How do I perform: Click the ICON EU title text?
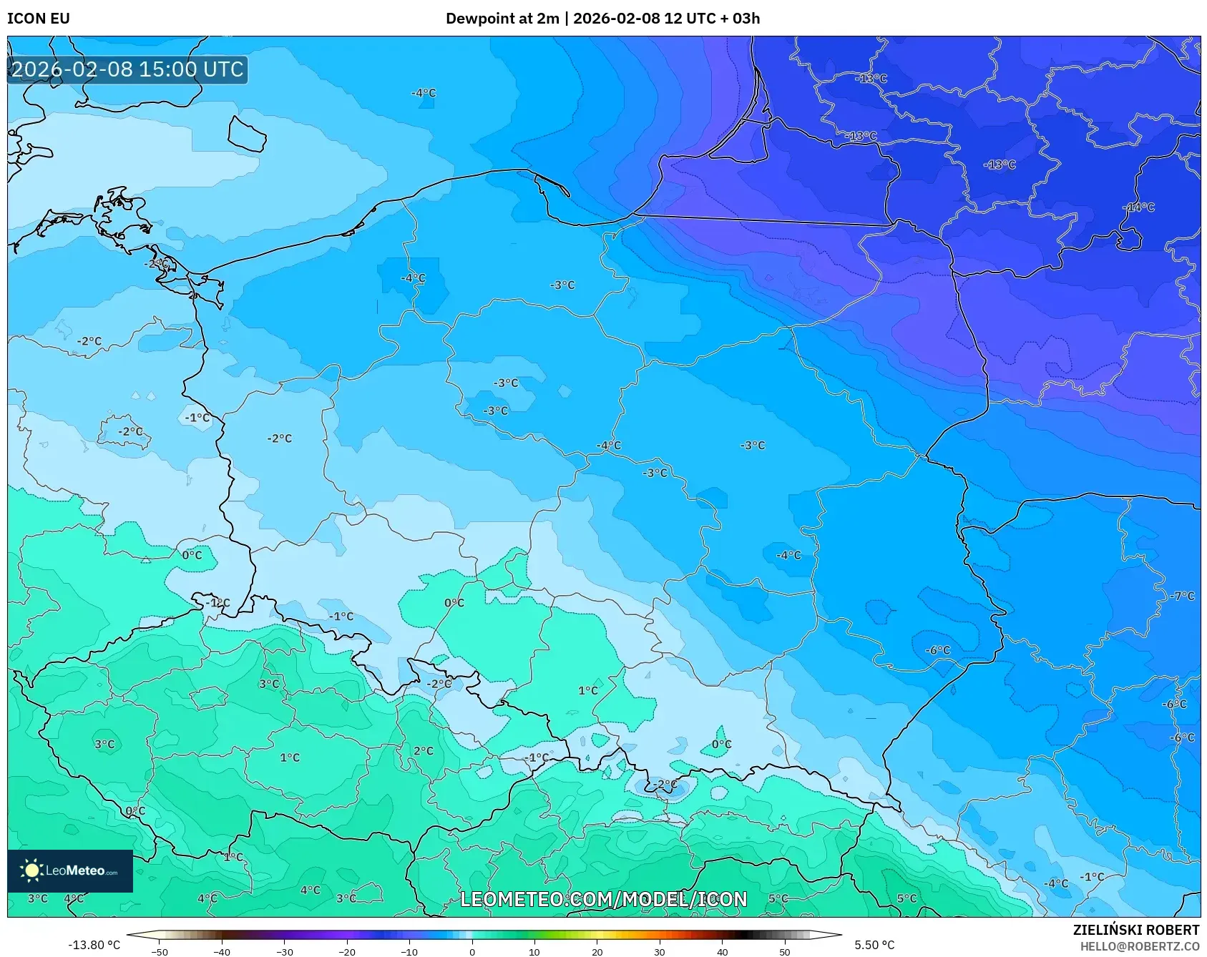tap(39, 19)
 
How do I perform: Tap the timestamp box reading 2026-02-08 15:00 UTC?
tap(127, 69)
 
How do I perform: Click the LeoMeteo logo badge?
tap(70, 870)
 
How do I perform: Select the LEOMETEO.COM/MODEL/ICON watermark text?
tap(603, 899)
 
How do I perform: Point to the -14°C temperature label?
tap(1140, 207)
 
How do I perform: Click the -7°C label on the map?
tap(1182, 596)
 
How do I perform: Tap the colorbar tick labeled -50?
tap(160, 951)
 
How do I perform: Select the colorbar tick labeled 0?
tap(471, 951)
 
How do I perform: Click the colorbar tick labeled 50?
tap(784, 951)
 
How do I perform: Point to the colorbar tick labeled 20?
tap(597, 951)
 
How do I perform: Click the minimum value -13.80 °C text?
tap(94, 945)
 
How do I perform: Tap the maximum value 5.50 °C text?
tap(874, 945)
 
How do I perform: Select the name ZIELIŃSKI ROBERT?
tap(1135, 930)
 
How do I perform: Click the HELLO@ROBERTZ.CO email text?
tap(1139, 946)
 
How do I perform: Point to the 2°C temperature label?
tap(423, 751)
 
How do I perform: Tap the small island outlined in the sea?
tap(247, 134)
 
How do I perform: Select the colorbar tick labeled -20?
tap(347, 951)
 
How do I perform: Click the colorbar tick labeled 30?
tap(659, 951)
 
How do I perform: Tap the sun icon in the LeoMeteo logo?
tap(31, 870)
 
